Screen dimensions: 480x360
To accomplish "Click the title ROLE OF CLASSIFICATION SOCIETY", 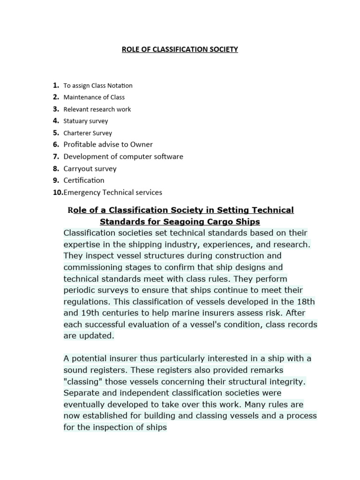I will click(x=180, y=49).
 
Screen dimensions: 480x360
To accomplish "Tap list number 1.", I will click(x=55, y=85).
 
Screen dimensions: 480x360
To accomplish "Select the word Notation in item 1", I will click(x=120, y=86).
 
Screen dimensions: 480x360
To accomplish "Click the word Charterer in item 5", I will click(x=77, y=133).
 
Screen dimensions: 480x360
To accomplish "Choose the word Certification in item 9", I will click(x=84, y=180).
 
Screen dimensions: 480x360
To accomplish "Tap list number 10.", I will click(x=57, y=192).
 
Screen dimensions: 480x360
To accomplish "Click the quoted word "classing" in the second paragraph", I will click(x=83, y=382).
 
